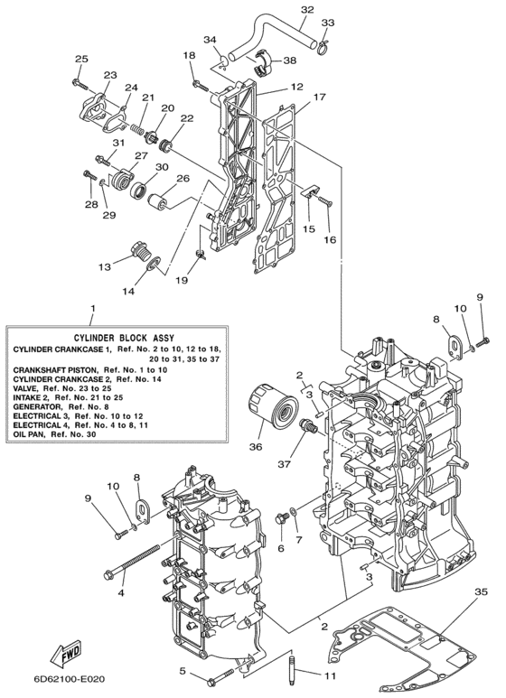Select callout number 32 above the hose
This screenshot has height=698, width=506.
(307, 10)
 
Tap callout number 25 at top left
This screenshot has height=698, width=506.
(80, 59)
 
